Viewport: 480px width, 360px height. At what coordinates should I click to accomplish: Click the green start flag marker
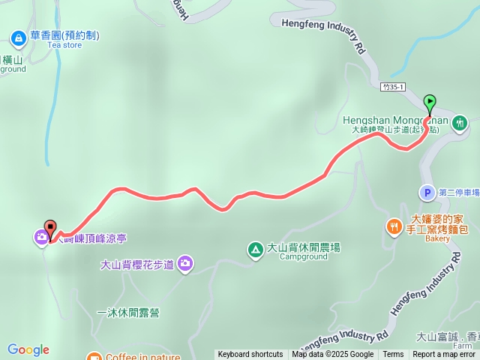(x=430, y=102)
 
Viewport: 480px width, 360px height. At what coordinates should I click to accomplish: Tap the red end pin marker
(x=50, y=226)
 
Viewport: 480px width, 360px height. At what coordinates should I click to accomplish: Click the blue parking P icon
(x=426, y=193)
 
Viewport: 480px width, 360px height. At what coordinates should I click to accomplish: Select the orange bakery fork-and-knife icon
(x=394, y=225)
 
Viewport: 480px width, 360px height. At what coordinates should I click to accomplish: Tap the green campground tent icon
(x=255, y=249)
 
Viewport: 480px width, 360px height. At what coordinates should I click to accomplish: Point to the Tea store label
(x=64, y=45)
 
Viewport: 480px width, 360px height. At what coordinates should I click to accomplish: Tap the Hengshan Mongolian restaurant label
(x=394, y=120)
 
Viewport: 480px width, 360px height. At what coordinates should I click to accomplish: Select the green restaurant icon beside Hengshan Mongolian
(x=460, y=121)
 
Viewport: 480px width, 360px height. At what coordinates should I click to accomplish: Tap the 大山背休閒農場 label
(x=304, y=247)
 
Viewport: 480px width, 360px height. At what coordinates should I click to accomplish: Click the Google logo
(x=28, y=349)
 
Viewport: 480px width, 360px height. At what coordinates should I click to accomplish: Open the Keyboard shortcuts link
(x=250, y=355)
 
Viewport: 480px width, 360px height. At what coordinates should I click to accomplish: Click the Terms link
(x=393, y=355)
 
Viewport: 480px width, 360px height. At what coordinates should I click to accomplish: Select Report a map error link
(x=444, y=355)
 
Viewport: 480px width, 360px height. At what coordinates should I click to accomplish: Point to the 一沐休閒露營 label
(x=128, y=313)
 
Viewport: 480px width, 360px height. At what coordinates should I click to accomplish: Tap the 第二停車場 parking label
(x=458, y=193)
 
